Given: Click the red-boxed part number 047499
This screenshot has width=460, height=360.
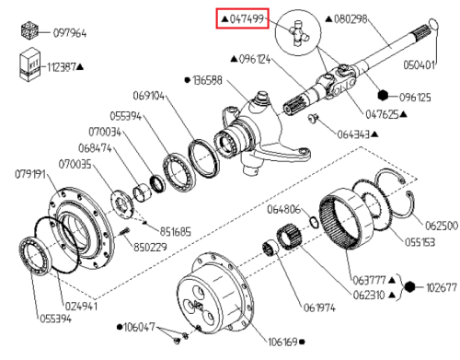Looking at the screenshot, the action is (x=247, y=19).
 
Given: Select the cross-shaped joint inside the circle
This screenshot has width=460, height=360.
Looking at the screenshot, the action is (x=299, y=33).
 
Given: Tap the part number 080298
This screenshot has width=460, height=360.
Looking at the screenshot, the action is (x=351, y=19).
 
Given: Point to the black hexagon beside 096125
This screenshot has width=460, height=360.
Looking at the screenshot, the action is (x=383, y=96).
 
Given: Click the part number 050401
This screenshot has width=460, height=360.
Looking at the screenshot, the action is (x=420, y=65).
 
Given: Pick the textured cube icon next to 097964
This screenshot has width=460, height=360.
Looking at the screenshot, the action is (x=29, y=30).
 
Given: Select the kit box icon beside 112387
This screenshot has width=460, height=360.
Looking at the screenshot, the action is (x=30, y=64).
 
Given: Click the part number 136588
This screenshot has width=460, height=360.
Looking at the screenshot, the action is (x=207, y=80).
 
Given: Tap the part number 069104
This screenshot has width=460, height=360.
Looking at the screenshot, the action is (x=148, y=96).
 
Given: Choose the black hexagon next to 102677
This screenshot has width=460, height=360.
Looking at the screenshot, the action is (x=409, y=287).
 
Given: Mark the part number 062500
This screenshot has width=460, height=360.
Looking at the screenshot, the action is (x=442, y=226).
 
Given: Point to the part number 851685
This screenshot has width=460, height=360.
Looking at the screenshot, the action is (x=175, y=231).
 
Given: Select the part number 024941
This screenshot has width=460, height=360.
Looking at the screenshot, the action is (x=81, y=306).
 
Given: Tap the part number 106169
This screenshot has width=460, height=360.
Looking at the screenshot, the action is (x=282, y=342).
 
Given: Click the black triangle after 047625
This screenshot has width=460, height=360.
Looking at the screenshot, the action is (x=404, y=114).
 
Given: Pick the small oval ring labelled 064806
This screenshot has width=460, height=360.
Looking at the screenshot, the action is (x=314, y=223).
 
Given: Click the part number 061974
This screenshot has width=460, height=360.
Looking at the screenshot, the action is (x=319, y=308).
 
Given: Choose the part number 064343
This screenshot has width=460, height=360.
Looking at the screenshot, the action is (x=353, y=134).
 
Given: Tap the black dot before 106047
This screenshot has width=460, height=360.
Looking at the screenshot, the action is (x=120, y=327).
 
